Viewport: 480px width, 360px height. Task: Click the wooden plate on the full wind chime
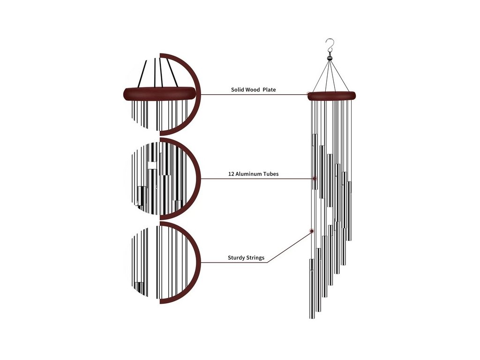(331, 96)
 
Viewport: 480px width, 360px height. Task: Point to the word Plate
(269, 90)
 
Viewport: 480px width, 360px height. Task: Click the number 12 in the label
(231, 174)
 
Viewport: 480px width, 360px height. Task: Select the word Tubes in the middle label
(271, 174)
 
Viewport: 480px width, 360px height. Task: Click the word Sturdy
(236, 258)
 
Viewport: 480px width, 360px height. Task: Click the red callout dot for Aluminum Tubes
(315, 179)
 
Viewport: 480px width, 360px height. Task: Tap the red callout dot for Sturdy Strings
(312, 231)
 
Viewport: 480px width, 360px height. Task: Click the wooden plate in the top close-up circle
(159, 93)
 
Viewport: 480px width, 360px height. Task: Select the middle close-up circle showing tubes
(162, 179)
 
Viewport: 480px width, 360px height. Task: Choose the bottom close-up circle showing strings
(162, 262)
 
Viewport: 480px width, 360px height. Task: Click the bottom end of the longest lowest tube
(312, 317)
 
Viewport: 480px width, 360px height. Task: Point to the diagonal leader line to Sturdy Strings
(288, 247)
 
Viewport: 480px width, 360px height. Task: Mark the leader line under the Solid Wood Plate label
(253, 95)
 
